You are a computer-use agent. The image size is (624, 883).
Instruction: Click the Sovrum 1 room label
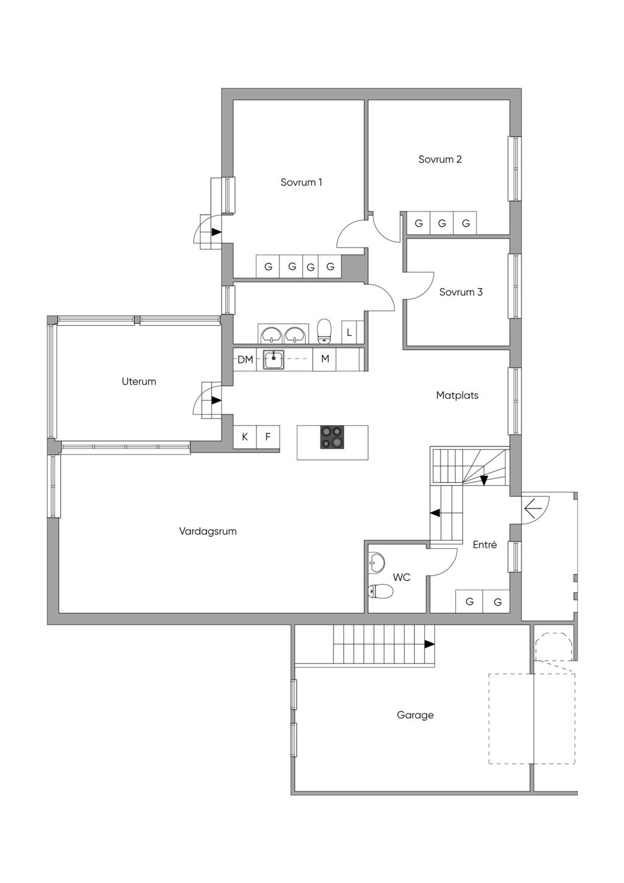pyautogui.click(x=301, y=182)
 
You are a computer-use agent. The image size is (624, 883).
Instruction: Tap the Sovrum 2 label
pyautogui.click(x=439, y=159)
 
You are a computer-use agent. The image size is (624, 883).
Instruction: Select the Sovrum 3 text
pyautogui.click(x=461, y=292)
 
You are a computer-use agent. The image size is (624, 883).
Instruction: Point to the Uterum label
pyautogui.click(x=139, y=381)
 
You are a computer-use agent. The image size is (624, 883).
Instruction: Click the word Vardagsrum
pyautogui.click(x=208, y=531)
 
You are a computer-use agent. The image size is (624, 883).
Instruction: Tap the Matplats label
pyautogui.click(x=457, y=395)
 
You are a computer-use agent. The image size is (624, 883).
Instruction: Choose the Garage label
pyautogui.click(x=415, y=715)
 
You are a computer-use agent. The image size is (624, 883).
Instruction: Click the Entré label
pyautogui.click(x=484, y=545)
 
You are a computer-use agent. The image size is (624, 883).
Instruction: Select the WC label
pyautogui.click(x=402, y=577)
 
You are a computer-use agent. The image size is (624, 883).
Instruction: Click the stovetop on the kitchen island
pyautogui.click(x=333, y=437)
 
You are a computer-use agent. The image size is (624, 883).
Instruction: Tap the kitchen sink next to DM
pyautogui.click(x=274, y=360)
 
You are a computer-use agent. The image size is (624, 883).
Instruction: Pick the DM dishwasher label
pyautogui.click(x=245, y=359)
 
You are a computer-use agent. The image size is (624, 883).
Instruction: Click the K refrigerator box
pyautogui.click(x=244, y=437)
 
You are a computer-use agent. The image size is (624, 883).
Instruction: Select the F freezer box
pyautogui.click(x=268, y=437)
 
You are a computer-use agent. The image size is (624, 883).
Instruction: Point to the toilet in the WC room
pyautogui.click(x=380, y=592)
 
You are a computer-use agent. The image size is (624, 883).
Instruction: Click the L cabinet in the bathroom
pyautogui.click(x=349, y=332)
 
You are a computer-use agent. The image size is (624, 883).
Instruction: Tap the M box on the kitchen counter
pyautogui.click(x=325, y=359)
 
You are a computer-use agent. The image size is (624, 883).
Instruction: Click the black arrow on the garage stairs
pyautogui.click(x=429, y=644)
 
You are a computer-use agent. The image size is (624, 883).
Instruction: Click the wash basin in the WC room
pyautogui.click(x=377, y=562)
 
